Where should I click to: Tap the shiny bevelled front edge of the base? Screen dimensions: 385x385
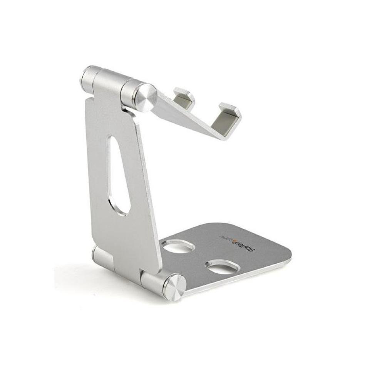tap(239, 279)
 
